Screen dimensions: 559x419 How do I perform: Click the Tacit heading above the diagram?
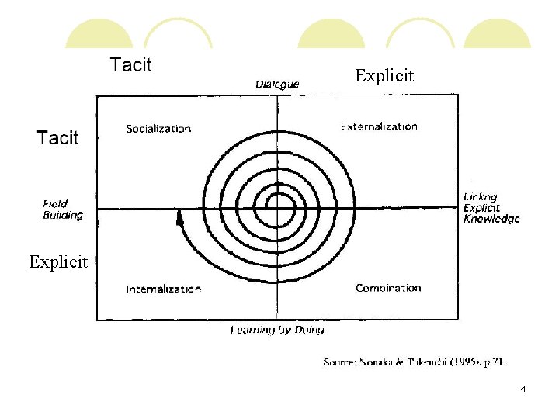click(131, 64)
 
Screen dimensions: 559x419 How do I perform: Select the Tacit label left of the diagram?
click(58, 138)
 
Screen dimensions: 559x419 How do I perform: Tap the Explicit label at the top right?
click(384, 76)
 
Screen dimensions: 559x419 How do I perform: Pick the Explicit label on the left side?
click(58, 261)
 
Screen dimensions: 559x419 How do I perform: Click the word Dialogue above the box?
click(277, 85)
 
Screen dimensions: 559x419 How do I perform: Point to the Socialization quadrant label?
click(158, 129)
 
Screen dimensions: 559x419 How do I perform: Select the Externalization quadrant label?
click(379, 126)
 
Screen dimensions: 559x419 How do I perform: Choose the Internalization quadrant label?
click(164, 289)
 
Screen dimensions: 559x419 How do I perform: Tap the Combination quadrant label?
click(388, 288)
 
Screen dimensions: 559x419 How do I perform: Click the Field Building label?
click(62, 209)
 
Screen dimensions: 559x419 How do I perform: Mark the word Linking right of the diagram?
click(480, 197)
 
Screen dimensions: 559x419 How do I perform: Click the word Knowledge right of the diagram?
click(491, 219)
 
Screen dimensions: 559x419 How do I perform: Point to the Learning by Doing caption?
click(277, 330)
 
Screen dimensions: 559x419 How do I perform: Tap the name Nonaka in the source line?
click(374, 362)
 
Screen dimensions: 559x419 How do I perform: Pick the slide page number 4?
click(523, 389)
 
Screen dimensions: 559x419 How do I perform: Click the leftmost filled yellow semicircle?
click(98, 35)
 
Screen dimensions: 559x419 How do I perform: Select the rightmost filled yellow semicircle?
click(497, 35)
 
